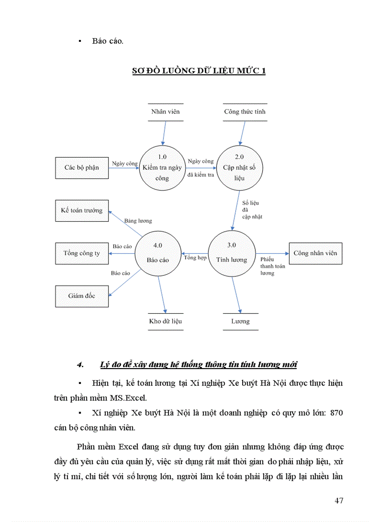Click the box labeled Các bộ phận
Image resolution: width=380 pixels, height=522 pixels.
click(81, 167)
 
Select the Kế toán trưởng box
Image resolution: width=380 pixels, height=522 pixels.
click(81, 210)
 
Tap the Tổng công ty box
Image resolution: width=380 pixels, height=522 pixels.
click(81, 253)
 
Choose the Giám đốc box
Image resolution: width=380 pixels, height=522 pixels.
click(81, 296)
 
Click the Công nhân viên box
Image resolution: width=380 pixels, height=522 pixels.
click(315, 253)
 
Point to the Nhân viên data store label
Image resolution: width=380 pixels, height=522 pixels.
click(165, 112)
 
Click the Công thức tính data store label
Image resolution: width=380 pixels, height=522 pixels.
click(245, 112)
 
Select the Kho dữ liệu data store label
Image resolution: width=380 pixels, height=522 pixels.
click(165, 321)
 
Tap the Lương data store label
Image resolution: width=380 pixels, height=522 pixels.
click(240, 321)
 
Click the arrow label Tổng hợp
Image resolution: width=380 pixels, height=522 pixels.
click(195, 258)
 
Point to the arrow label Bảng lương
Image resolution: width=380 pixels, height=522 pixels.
click(138, 221)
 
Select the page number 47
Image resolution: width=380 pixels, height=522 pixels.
click(339, 501)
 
